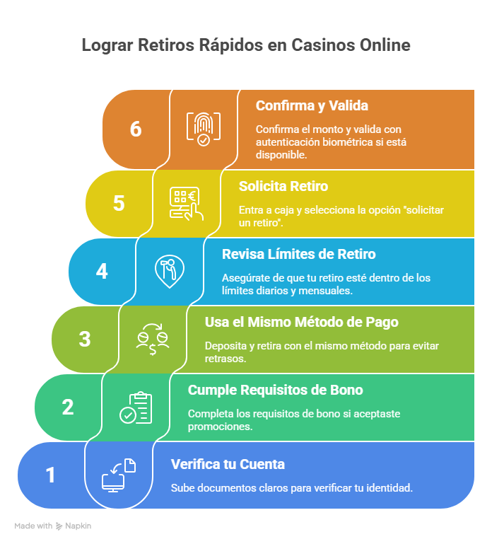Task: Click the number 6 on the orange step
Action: pos(136,129)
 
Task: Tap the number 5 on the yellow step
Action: pos(119,203)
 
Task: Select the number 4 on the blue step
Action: pos(102,271)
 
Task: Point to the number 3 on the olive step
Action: pos(85,339)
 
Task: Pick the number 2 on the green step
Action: pos(68,407)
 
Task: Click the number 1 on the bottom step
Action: pos(51,475)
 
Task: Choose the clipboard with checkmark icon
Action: pos(135,407)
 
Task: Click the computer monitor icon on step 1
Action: pos(118,475)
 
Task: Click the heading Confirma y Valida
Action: pos(312,106)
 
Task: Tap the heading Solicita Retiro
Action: pos(283,186)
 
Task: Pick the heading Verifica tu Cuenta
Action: pos(228,464)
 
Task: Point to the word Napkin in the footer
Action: pos(78,526)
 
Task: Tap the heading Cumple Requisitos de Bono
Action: pos(275,390)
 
